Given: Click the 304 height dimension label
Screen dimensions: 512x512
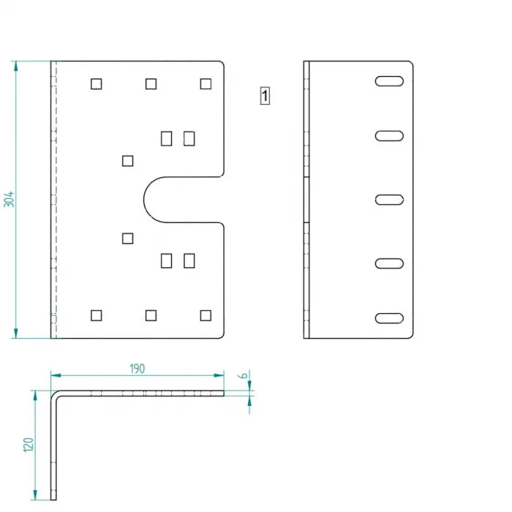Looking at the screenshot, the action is coord(9,200).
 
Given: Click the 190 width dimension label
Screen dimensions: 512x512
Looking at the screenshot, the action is coord(138,369).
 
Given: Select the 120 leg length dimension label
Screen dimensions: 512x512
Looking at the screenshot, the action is coord(29,445).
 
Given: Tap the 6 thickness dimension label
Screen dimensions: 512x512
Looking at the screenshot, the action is coord(243,375).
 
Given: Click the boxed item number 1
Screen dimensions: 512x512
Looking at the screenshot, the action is coord(265,96).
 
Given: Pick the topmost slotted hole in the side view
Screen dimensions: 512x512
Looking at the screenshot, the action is coord(389,81).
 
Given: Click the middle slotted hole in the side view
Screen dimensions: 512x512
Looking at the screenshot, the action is coord(389,200).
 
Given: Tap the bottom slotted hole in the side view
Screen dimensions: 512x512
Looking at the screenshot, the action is coord(389,318).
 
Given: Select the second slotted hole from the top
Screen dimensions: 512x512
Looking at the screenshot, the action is coord(389,136).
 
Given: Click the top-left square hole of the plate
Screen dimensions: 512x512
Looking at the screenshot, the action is coord(97,84).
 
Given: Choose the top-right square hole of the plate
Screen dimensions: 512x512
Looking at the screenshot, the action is coord(206,84).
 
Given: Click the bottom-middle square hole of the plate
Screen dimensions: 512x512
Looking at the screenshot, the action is coord(151,315).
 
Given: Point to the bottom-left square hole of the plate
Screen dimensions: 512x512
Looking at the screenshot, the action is coord(97,315).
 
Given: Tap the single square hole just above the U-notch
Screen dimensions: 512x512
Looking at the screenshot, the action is coord(128,161).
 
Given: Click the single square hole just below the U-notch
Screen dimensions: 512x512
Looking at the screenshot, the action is coord(128,238).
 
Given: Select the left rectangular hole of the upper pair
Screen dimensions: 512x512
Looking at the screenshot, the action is coord(167,138).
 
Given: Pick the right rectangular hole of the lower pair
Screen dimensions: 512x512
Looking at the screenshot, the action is coord(189,260).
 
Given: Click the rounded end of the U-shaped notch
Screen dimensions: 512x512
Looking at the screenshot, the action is coord(144,200).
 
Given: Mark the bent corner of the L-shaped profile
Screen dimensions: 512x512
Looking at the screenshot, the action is coord(54,394).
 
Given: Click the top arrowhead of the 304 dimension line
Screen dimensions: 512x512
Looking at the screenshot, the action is coord(15,66).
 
